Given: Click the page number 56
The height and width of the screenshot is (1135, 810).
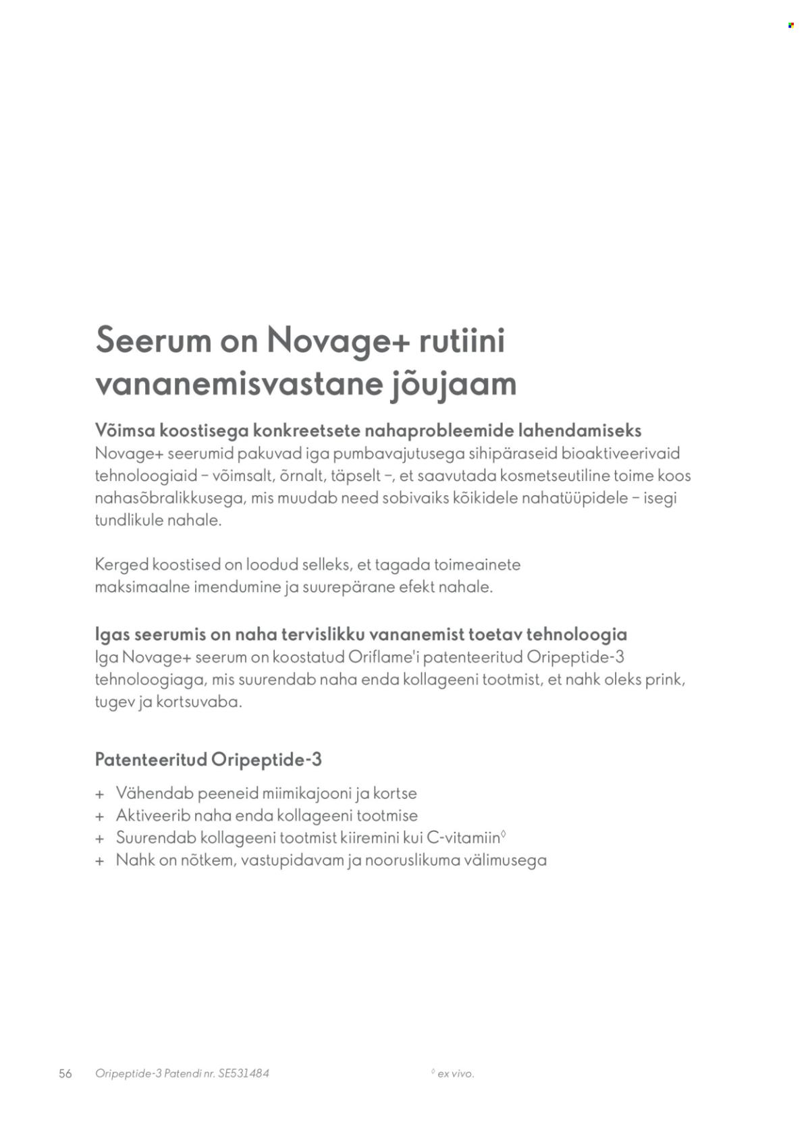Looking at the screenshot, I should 65,1074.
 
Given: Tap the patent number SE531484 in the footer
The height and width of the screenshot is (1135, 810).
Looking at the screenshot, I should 244,1074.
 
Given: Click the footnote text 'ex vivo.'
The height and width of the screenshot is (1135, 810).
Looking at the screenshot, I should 456,1074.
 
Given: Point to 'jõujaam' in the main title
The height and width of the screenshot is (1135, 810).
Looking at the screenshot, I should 454,385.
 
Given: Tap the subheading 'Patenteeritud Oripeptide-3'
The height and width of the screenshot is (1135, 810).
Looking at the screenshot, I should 209,760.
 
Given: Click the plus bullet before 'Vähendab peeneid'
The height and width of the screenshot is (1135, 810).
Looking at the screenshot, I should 100,794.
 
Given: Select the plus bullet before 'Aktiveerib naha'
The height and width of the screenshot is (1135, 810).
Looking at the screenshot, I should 100,816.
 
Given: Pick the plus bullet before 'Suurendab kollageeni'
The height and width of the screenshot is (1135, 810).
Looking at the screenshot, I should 100,839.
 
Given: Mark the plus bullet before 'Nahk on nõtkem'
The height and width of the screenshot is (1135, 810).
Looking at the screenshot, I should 100,861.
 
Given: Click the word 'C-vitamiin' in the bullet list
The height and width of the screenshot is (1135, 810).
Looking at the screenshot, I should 464,838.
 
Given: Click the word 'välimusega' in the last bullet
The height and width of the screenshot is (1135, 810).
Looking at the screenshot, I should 506,860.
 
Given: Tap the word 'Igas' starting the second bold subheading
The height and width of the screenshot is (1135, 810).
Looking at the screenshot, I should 112,634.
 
